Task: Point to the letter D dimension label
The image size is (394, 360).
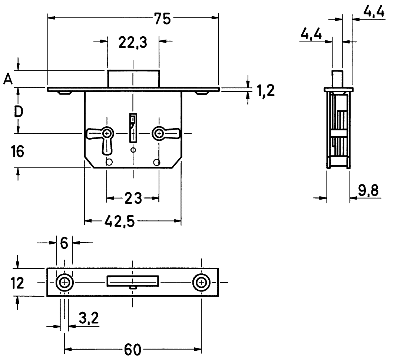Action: [18, 111]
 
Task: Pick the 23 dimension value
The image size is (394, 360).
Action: [133, 199]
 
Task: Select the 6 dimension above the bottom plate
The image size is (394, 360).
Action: [64, 243]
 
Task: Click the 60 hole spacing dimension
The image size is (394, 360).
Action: [132, 349]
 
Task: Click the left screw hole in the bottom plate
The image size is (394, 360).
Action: [65, 283]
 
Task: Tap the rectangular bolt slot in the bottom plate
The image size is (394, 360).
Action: [133, 281]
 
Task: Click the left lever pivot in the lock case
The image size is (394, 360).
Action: [107, 133]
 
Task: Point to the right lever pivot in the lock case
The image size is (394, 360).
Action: [159, 133]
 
